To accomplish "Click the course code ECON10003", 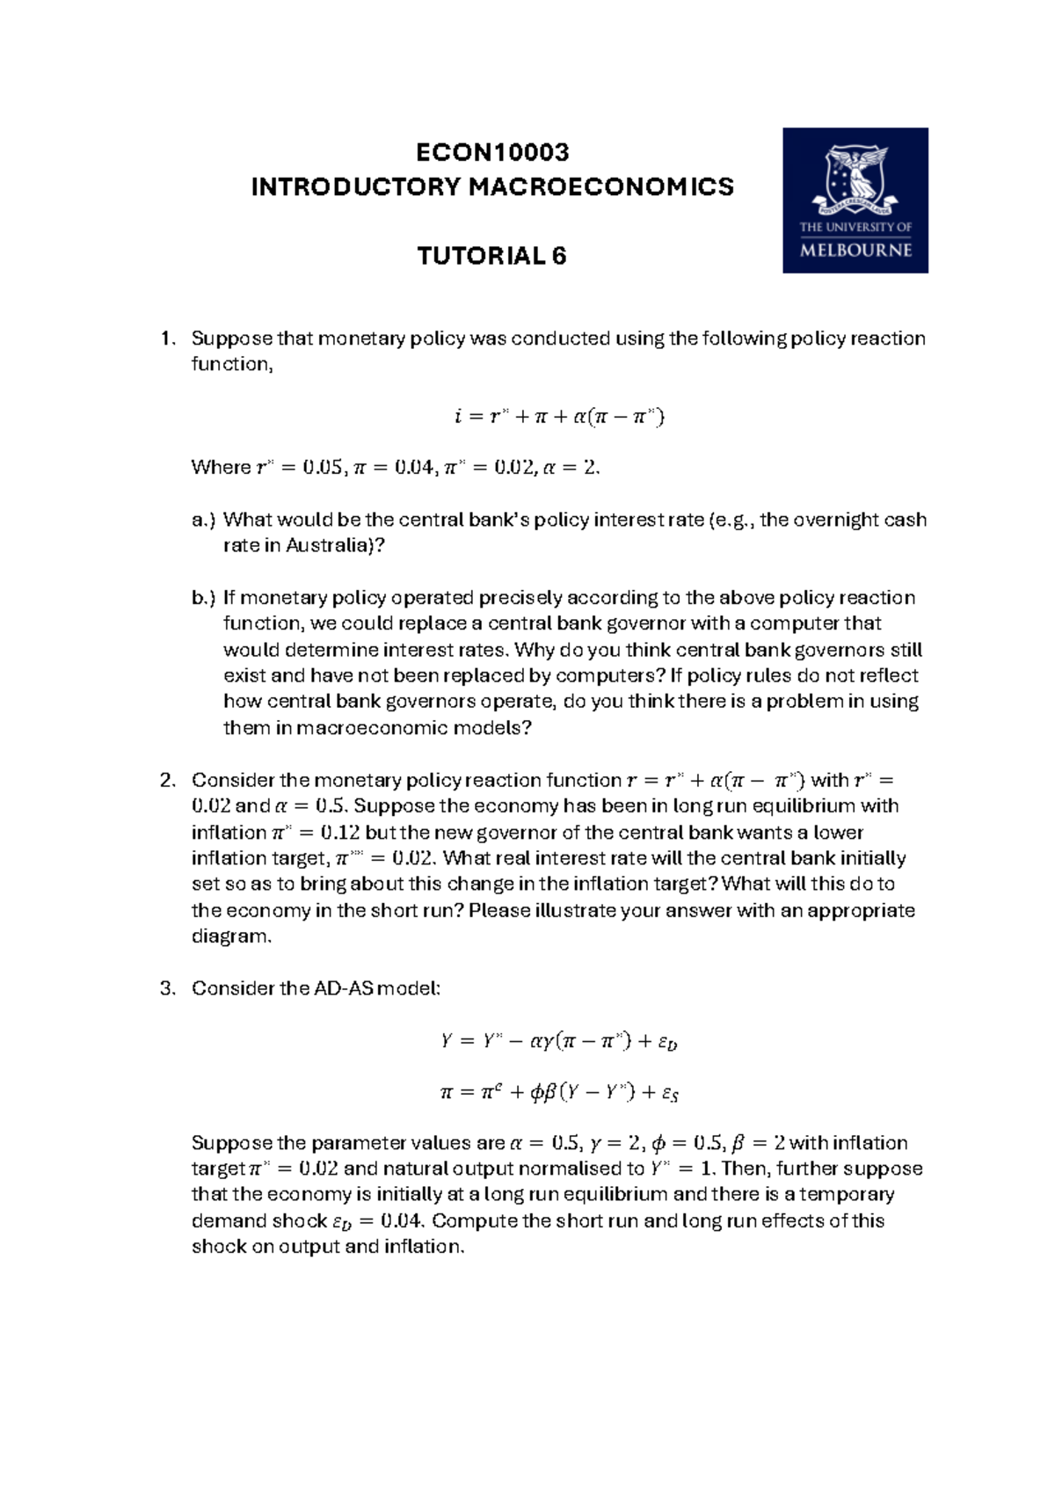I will (x=492, y=152).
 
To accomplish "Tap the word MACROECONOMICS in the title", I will (x=600, y=187).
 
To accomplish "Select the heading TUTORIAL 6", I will (x=491, y=256).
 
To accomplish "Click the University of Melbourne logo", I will (x=855, y=200).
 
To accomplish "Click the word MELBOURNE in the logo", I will (x=855, y=250).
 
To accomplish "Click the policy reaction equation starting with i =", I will (x=559, y=416).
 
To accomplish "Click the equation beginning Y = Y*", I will (x=559, y=1042).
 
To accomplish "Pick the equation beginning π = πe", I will (x=559, y=1093).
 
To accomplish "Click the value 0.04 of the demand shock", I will (x=403, y=1221).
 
